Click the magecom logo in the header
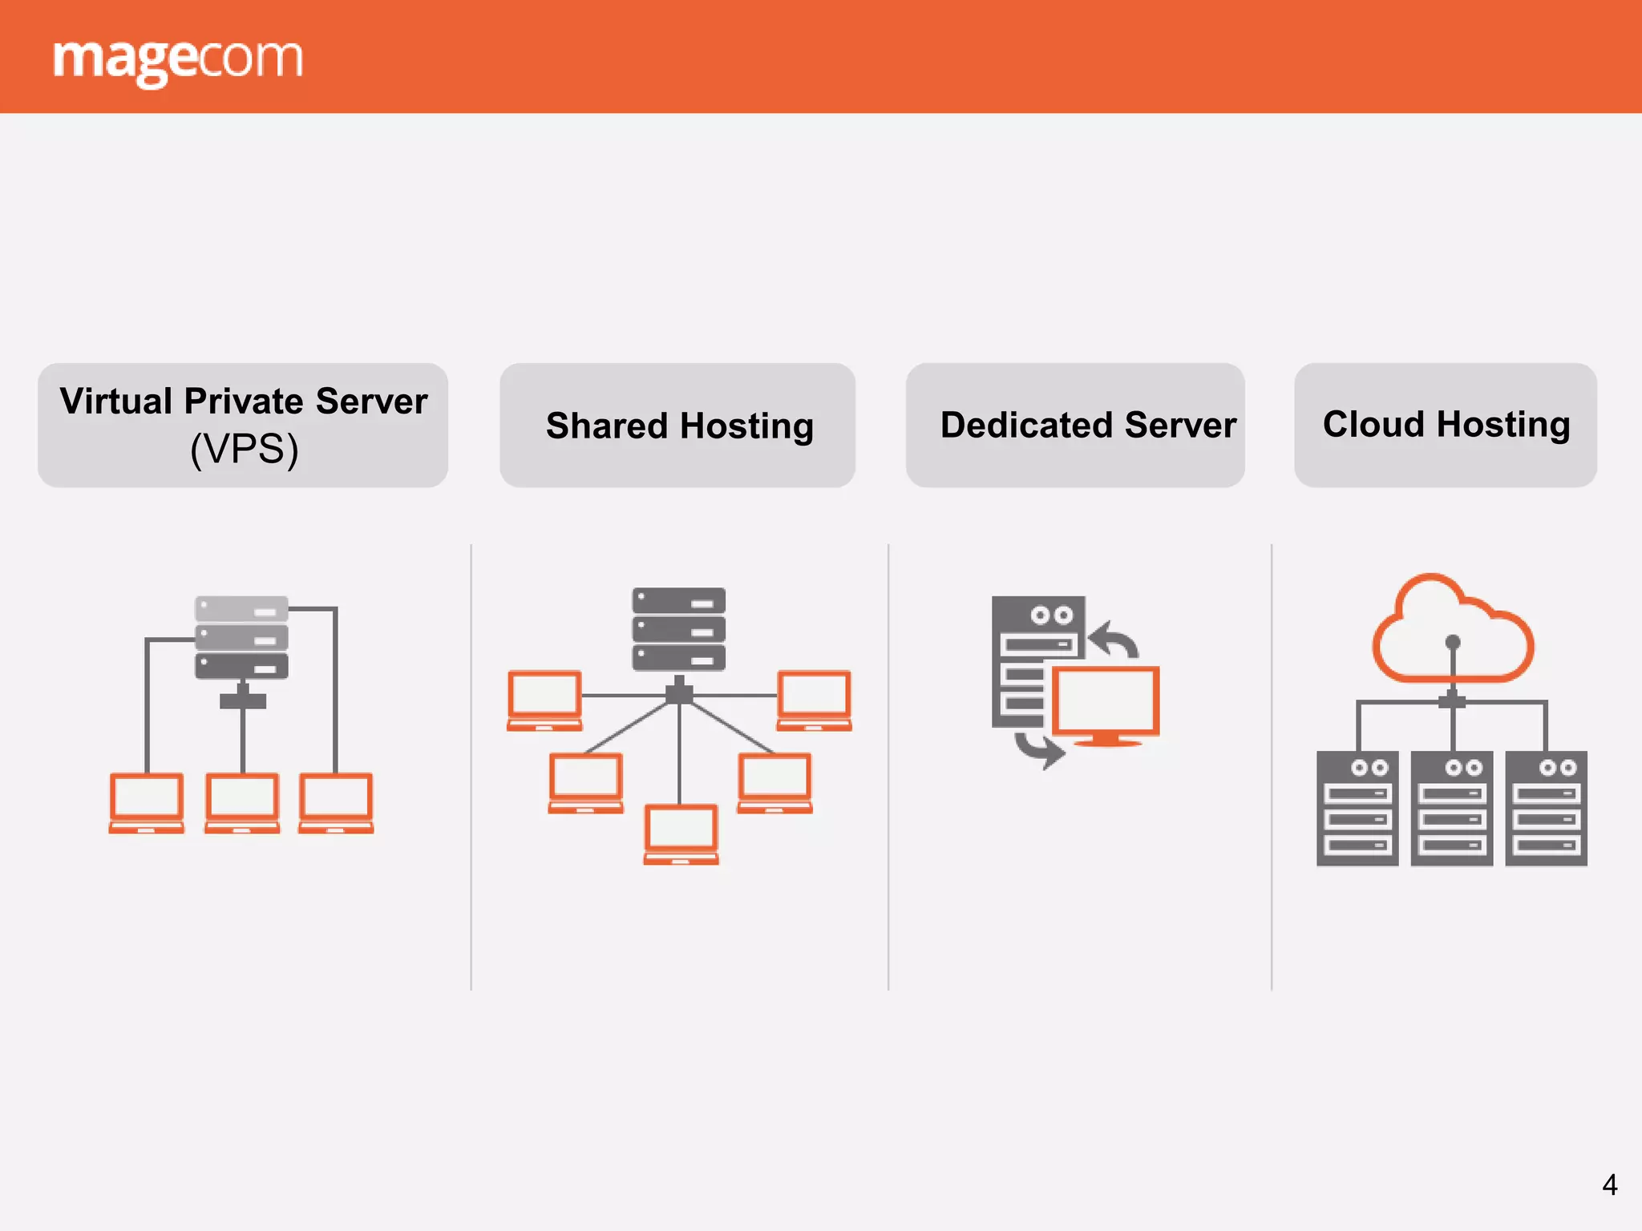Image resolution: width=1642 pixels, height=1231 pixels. click(x=177, y=59)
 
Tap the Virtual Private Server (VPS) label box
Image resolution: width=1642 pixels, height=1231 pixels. click(x=243, y=425)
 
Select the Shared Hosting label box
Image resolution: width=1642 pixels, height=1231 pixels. click(x=677, y=425)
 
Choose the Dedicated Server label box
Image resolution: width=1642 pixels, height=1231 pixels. click(x=1075, y=425)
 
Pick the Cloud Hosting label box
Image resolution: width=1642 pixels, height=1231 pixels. click(x=1445, y=425)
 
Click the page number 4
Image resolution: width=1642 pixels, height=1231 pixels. click(x=1609, y=1185)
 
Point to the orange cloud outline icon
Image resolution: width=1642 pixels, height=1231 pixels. click(x=1453, y=629)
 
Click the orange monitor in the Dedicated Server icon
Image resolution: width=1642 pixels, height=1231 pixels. click(x=1106, y=704)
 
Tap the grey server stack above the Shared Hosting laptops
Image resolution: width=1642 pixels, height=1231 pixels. click(x=679, y=629)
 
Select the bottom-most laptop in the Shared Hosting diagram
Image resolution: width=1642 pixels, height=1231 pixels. click(x=681, y=833)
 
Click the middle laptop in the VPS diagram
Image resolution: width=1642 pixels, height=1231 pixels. click(x=242, y=802)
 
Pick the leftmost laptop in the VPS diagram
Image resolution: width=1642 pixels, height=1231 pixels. click(x=147, y=802)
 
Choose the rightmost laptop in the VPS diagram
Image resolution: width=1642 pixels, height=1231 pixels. click(x=336, y=802)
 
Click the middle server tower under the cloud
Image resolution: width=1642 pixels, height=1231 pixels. click(x=1452, y=808)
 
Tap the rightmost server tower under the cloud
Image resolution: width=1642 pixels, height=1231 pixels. click(x=1546, y=808)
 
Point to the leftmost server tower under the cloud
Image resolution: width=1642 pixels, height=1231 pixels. click(x=1357, y=808)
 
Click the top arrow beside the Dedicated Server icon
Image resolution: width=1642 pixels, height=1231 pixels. click(x=1114, y=640)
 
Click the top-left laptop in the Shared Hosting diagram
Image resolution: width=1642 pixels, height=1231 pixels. click(x=544, y=700)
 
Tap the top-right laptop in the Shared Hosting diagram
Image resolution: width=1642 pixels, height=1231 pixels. click(x=814, y=700)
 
